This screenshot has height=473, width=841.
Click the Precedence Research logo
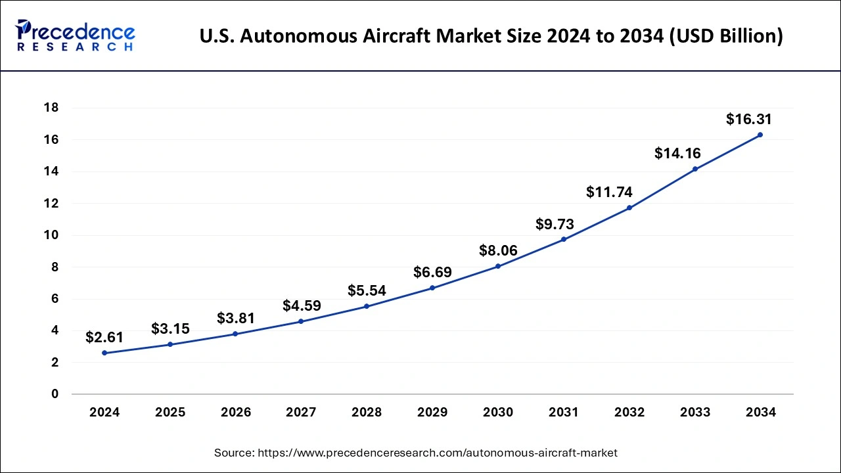tap(75, 35)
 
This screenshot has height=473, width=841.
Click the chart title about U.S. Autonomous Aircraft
tap(491, 36)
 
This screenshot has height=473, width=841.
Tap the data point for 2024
tap(104, 353)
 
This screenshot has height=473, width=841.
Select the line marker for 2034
tap(760, 135)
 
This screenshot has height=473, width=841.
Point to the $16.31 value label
tap(748, 120)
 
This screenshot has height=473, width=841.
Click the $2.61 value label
tap(104, 338)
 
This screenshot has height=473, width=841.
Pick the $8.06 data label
tap(498, 250)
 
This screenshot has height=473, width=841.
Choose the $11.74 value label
tap(609, 192)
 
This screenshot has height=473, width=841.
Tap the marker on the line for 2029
tap(432, 288)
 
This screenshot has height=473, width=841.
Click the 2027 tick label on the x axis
tap(301, 413)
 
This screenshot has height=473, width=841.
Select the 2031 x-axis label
tap(564, 413)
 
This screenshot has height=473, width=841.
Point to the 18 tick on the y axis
tap(51, 108)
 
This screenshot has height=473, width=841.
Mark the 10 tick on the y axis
tap(51, 235)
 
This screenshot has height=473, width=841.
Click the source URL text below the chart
tap(416, 453)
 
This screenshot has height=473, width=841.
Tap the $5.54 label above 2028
tap(367, 290)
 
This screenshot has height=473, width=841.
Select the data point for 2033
tap(694, 169)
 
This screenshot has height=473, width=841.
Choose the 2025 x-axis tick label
tap(170, 413)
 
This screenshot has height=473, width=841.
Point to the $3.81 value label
tap(236, 319)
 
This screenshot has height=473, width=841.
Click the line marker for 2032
tap(629, 208)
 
